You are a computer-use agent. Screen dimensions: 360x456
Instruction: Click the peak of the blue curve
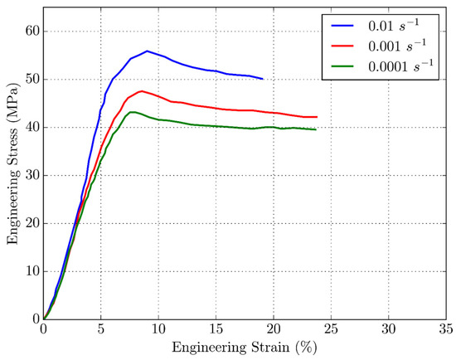[x=147, y=51]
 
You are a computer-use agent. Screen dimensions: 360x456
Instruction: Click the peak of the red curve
[x=142, y=90]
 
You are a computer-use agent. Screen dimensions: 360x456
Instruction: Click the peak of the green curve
[x=131, y=112]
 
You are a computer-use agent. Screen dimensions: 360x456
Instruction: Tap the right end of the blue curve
[x=263, y=79]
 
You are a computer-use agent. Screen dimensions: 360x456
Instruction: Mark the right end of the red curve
[x=317, y=117]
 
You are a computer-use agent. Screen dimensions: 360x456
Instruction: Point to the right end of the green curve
[x=316, y=129]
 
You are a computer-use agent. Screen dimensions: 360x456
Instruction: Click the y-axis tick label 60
[x=31, y=32]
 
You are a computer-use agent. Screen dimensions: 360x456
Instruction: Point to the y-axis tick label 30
[x=31, y=175]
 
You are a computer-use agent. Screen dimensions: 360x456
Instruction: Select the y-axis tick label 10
[x=31, y=271]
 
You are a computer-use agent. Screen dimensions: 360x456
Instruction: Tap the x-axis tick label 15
[x=216, y=329]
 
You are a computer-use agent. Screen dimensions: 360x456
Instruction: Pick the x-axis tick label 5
[x=100, y=329]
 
